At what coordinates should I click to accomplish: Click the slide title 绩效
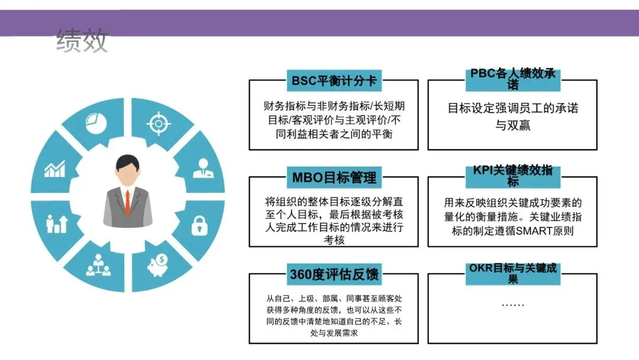pos(82,41)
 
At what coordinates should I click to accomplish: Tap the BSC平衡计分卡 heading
pos(334,80)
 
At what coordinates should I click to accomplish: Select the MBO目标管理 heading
pos(334,177)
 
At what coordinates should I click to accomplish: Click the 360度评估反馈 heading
pos(334,275)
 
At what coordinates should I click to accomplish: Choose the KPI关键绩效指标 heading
pos(512,175)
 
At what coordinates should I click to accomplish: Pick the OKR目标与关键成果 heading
pos(512,274)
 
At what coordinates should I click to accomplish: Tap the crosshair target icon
pos(158,123)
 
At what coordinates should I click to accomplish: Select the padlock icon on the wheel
pos(199,226)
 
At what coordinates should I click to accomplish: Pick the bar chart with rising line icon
pos(54,171)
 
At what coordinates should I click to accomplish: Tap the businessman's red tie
pos(127,202)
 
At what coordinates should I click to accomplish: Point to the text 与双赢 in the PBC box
pos(512,126)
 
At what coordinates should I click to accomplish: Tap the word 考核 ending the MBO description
pos(334,240)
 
